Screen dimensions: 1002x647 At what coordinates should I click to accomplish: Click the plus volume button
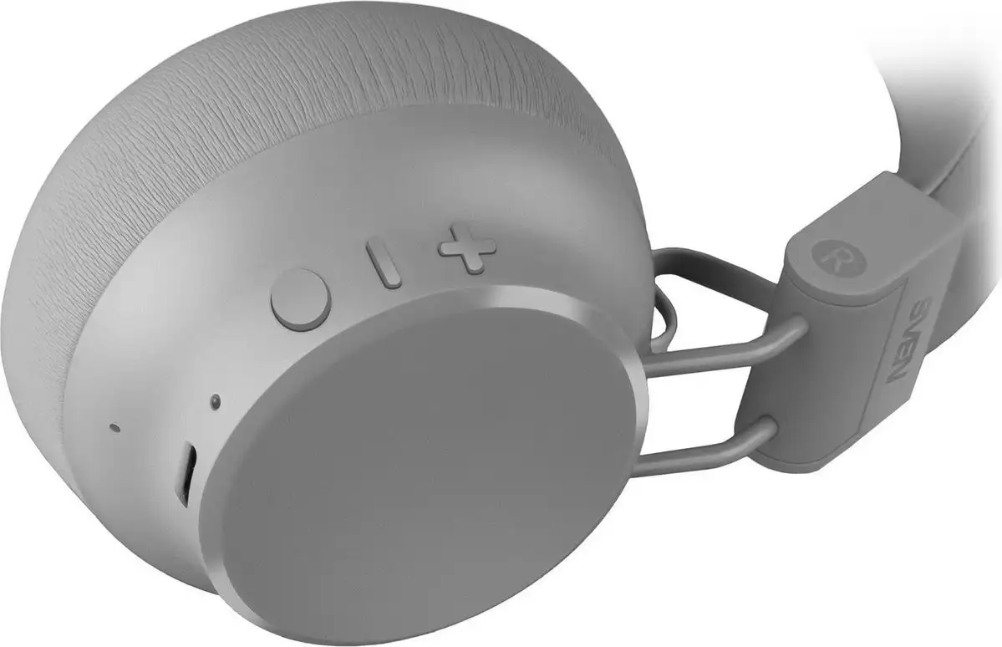(467, 249)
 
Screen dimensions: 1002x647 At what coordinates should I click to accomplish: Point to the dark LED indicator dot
(216, 401)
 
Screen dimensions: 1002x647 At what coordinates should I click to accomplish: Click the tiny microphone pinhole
(114, 426)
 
